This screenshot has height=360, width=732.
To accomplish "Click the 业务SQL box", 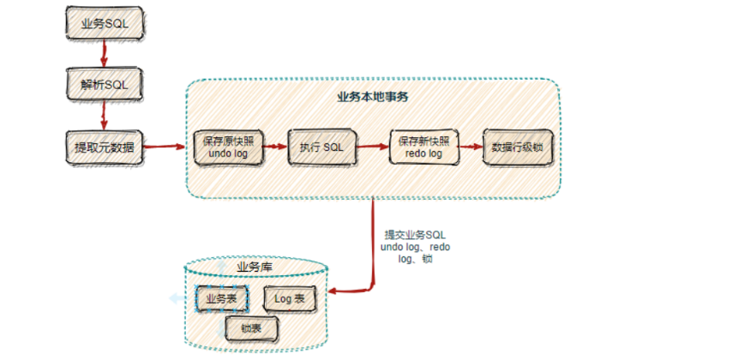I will [x=104, y=23].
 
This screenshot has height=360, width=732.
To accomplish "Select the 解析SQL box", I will [x=104, y=85].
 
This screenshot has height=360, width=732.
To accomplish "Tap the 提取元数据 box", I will [x=104, y=147].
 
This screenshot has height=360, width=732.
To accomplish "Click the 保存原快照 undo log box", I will [x=228, y=147].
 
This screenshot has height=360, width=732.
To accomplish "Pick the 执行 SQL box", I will [x=321, y=147].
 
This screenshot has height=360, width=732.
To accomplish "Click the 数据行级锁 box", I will [x=518, y=147].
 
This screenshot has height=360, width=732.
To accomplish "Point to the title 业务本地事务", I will [x=373, y=96].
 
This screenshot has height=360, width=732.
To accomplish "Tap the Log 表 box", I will [x=289, y=298].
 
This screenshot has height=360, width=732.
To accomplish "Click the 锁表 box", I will [x=251, y=327].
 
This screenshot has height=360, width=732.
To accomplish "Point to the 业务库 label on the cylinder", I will [x=254, y=267].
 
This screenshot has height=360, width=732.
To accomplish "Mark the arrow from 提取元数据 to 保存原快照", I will [x=165, y=147].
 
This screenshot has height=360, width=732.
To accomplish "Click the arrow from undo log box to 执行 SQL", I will [x=274, y=147].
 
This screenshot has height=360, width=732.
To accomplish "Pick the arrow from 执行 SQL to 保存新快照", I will [x=371, y=147].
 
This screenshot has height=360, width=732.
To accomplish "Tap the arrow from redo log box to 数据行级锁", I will [x=471, y=147].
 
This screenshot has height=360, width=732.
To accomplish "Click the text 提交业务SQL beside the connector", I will [x=415, y=235].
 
